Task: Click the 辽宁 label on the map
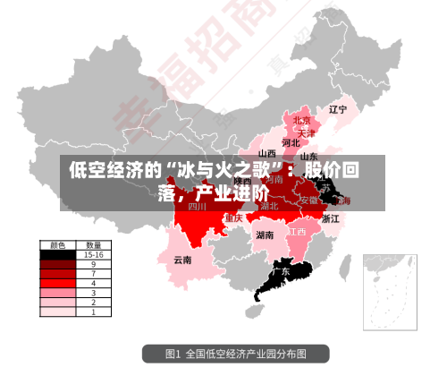337,110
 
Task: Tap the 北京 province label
302,121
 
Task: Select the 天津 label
308,132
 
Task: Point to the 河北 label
291,142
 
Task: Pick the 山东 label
308,157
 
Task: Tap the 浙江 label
330,218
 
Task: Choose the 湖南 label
265,235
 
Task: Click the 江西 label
297,231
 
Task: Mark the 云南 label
182,260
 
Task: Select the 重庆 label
234,218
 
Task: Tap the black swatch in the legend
58,254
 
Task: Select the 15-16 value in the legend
93,254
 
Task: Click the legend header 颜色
58,244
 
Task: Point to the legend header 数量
93,244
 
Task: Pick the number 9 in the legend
93,264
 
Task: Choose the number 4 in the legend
93,283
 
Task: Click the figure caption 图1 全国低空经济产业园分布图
237,353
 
